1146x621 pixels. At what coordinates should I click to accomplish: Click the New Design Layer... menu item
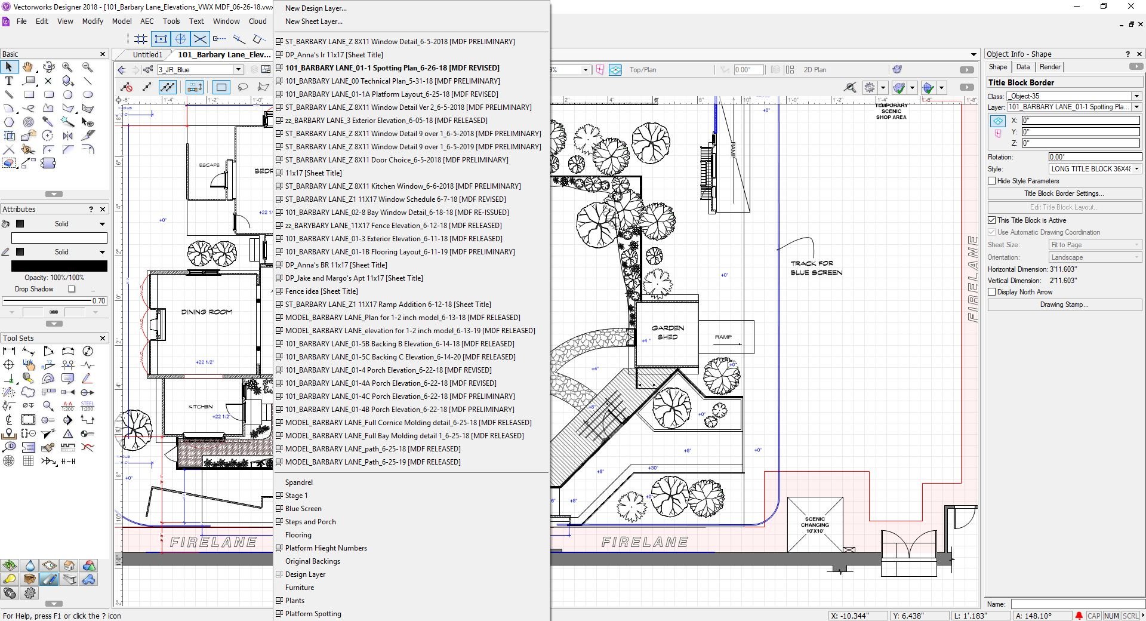[315, 8]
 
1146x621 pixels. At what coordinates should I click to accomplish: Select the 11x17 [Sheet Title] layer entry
[313, 173]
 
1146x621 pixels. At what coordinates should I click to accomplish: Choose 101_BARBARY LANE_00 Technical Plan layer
[392, 81]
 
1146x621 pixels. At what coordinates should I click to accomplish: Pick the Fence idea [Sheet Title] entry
[321, 291]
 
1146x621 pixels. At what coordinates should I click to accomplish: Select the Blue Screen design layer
[303, 509]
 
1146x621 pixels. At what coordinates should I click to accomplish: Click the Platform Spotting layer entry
[313, 614]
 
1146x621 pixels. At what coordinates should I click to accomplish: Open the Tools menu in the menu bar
[171, 21]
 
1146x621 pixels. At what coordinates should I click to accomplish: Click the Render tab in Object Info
[1049, 67]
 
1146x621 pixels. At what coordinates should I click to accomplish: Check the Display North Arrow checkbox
[992, 292]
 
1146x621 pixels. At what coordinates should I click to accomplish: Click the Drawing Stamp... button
[1064, 305]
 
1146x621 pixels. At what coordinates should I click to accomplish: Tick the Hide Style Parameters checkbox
[992, 181]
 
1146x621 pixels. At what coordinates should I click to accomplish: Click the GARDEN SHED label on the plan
[667, 333]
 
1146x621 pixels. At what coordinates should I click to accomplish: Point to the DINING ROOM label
[207, 312]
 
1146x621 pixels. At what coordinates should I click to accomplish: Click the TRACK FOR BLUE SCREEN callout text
[816, 268]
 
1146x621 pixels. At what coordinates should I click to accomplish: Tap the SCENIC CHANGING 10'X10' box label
[814, 525]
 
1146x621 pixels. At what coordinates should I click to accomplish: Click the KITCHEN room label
[201, 407]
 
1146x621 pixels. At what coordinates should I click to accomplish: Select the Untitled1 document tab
[147, 54]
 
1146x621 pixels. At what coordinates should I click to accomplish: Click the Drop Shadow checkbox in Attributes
[72, 289]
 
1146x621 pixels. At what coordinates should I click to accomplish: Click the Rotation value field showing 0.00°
[1094, 157]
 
